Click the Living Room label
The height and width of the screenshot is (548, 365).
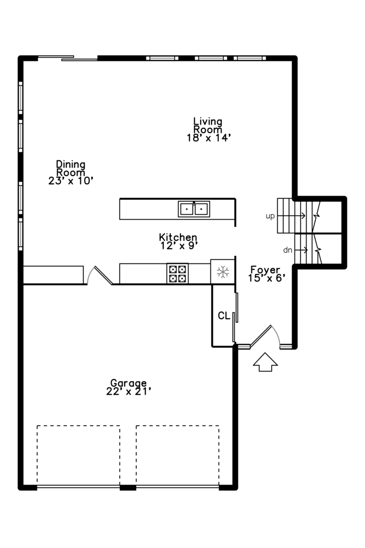point(208,125)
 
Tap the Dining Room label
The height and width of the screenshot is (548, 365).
point(70,168)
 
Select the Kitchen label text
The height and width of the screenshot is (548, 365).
point(178,237)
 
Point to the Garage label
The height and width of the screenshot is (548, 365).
point(129,383)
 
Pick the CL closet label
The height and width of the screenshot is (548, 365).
point(224,316)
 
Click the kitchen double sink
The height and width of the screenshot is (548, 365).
point(194,208)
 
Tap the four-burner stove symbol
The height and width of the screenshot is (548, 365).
point(177,273)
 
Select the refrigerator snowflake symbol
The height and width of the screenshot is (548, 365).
point(223,272)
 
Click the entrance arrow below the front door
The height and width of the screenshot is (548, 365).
point(265,362)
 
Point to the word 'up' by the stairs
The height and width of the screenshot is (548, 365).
point(270,216)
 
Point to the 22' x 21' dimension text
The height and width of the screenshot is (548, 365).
point(129,391)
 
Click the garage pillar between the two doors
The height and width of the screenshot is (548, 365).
point(128,488)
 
